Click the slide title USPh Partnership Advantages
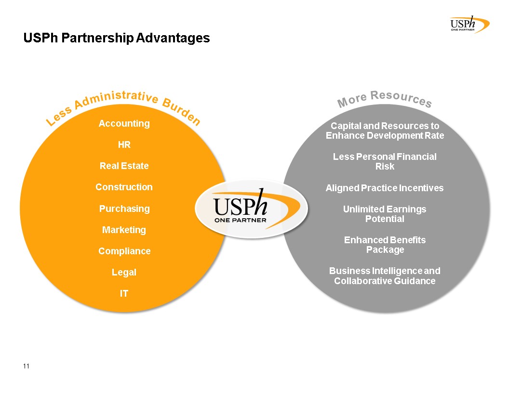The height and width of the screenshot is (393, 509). [117, 38]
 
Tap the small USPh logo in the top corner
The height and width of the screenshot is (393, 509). [470, 24]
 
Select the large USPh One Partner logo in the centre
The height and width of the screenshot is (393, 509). [252, 209]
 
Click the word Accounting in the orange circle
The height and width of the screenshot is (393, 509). [124, 124]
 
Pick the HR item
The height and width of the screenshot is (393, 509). [124, 144]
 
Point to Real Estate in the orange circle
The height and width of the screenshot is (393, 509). [124, 166]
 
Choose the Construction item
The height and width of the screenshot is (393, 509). [124, 187]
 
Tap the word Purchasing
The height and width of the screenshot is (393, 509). [124, 209]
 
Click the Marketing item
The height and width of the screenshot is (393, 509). [124, 230]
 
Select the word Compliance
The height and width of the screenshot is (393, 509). [124, 251]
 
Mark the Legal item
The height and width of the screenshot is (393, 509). [124, 273]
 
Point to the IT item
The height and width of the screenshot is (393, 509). [124, 293]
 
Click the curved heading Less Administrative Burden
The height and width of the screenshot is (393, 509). [123, 107]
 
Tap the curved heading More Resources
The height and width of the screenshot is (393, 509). [385, 99]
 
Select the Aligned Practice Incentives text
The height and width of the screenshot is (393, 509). [385, 188]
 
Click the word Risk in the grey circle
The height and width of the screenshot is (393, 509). [385, 166]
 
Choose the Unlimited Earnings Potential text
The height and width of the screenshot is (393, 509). [385, 214]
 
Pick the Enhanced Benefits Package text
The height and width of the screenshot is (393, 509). [385, 245]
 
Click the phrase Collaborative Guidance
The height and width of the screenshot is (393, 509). [385, 281]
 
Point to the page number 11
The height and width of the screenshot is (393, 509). [27, 366]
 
